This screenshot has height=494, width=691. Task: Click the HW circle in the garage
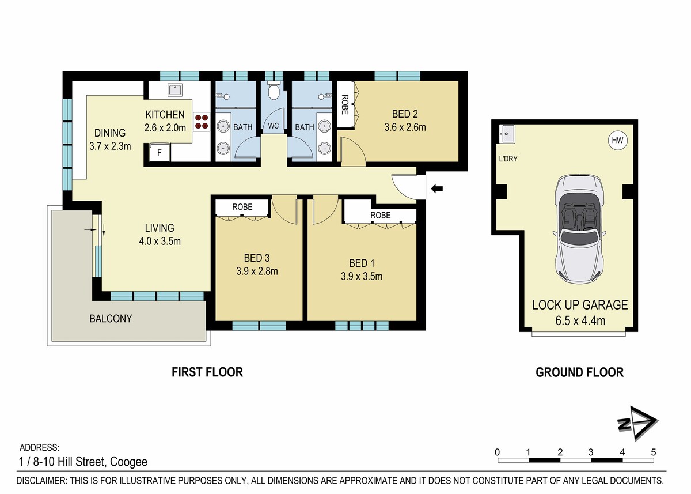[617, 141]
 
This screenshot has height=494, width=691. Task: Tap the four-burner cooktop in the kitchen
[202, 122]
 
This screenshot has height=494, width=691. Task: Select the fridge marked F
[160, 153]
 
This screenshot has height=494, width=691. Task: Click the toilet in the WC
[274, 90]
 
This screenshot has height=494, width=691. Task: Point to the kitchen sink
[175, 90]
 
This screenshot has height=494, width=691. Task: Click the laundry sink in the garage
[507, 134]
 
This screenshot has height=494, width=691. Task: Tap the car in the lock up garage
[580, 229]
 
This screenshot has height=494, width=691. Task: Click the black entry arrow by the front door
[437, 188]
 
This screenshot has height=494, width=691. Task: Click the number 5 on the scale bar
[653, 452]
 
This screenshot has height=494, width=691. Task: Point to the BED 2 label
[405, 114]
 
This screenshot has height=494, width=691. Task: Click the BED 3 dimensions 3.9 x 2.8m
[257, 271]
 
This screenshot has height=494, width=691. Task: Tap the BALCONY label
[111, 318]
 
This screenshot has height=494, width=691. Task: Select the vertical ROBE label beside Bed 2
[345, 104]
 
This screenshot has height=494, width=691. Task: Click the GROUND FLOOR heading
[580, 372]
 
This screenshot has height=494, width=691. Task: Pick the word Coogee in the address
[128, 462]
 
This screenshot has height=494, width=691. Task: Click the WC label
[274, 126]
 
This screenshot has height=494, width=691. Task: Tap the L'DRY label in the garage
[508, 159]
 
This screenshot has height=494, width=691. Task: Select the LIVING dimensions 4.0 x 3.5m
[160, 241]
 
